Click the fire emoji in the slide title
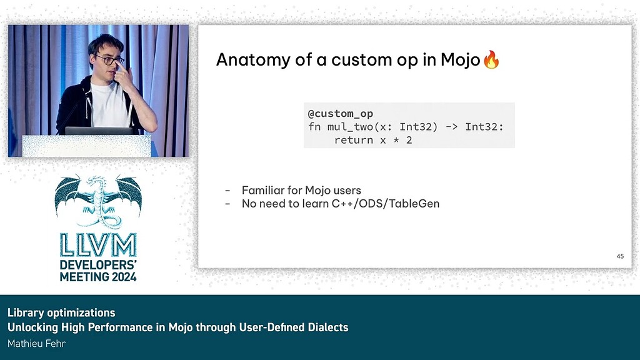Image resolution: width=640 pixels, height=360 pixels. (492, 60)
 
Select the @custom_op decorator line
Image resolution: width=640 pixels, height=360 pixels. (340, 114)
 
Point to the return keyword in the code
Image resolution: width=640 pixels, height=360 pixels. (354, 140)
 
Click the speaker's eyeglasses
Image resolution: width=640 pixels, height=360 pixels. (109, 60)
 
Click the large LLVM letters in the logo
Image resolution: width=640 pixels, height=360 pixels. (98, 244)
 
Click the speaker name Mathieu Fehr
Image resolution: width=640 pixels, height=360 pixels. (37, 344)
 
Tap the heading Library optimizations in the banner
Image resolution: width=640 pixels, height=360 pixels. (61, 312)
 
